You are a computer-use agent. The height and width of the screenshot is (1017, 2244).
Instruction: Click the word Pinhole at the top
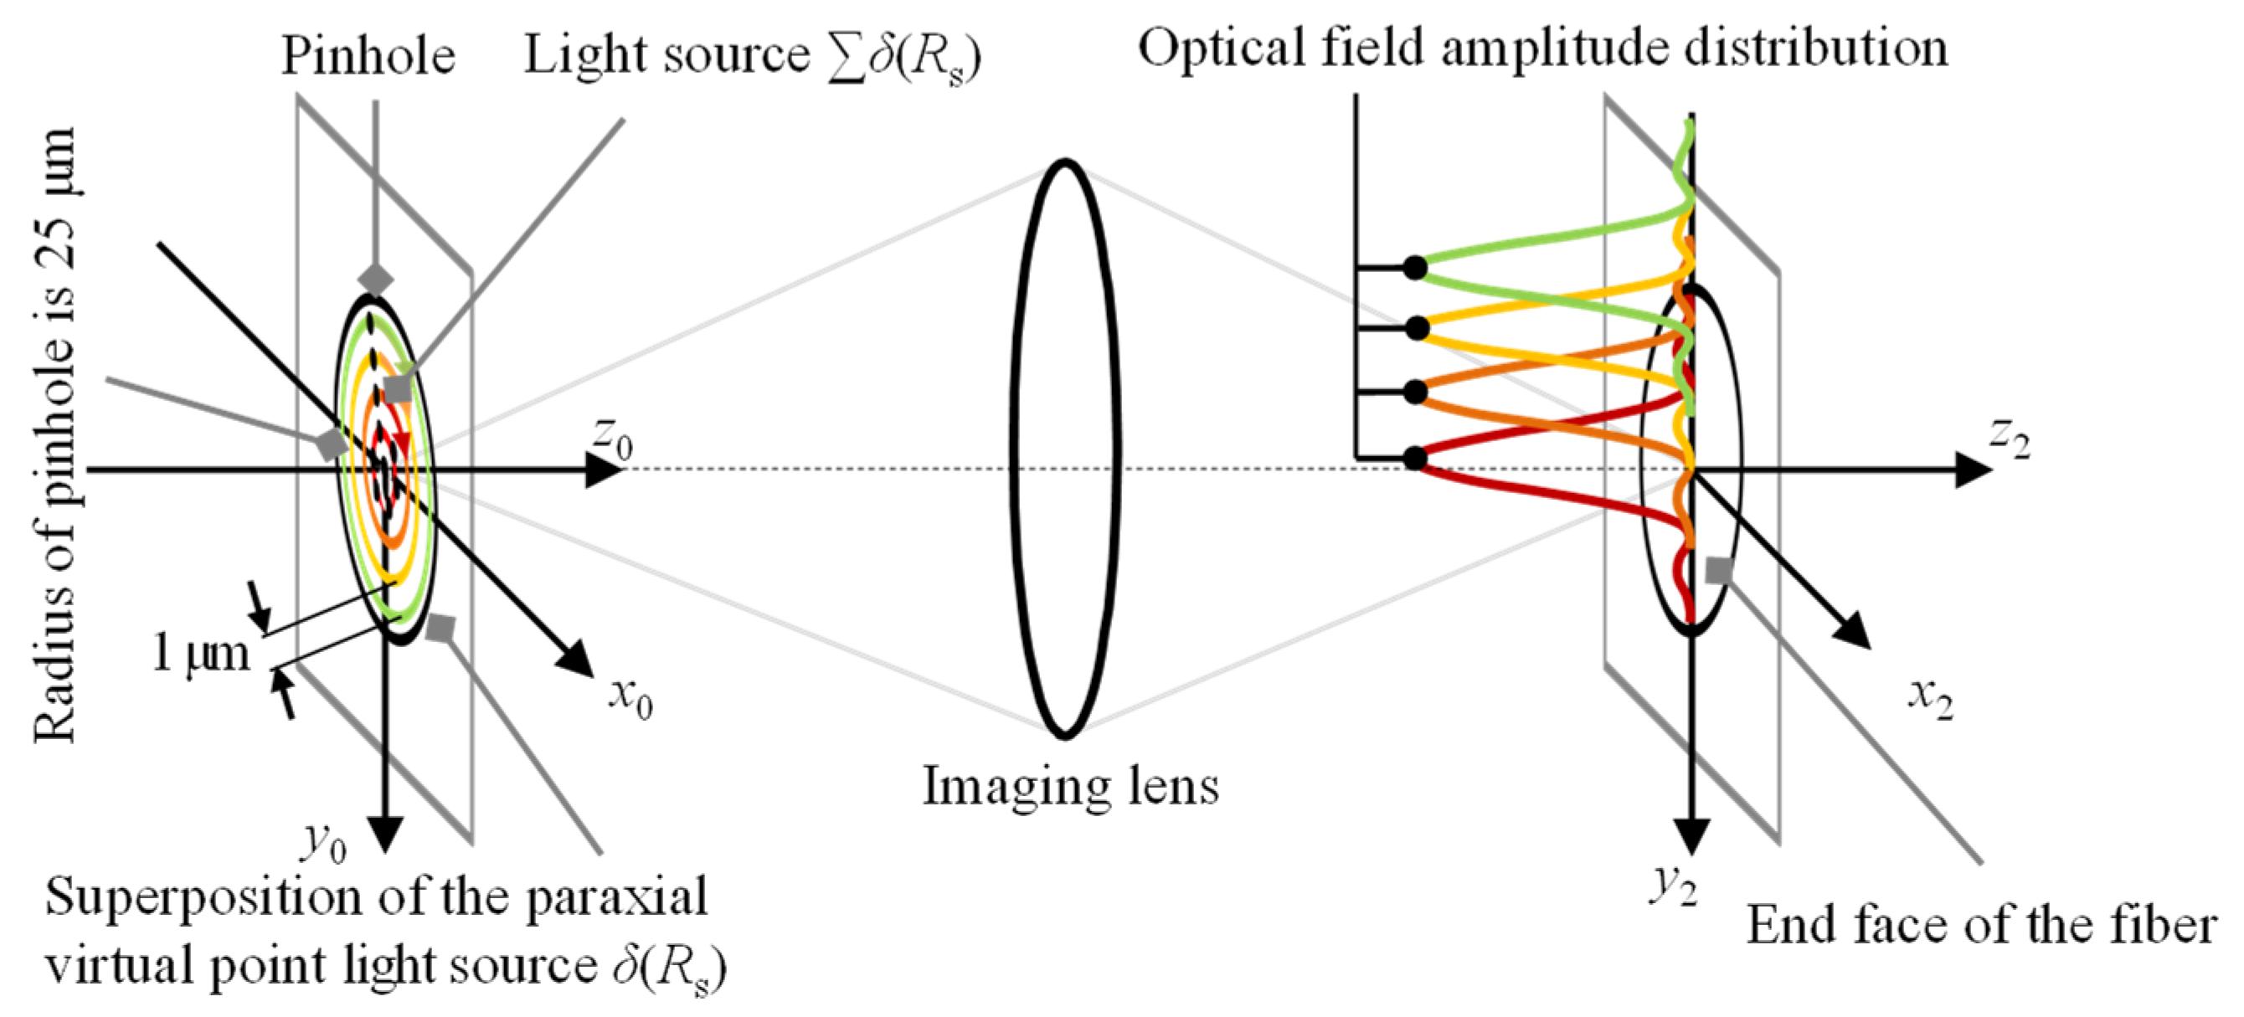pyautogui.click(x=368, y=57)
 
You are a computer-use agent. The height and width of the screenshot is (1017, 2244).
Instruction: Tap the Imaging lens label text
pyautogui.click(x=1071, y=786)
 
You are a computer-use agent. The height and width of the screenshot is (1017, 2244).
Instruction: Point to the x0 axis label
pyautogui.click(x=630, y=698)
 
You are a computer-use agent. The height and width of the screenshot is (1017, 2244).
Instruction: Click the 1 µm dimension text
pyautogui.click(x=200, y=653)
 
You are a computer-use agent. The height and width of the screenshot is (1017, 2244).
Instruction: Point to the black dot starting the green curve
pyautogui.click(x=1416, y=267)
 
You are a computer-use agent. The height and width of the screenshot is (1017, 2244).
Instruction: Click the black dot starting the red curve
pyautogui.click(x=1416, y=458)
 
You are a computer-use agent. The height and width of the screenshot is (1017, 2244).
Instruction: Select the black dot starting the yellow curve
pyautogui.click(x=1417, y=328)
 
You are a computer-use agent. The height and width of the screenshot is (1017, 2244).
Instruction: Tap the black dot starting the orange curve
pyautogui.click(x=1416, y=393)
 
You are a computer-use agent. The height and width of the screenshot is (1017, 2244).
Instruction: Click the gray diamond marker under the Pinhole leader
pyautogui.click(x=376, y=280)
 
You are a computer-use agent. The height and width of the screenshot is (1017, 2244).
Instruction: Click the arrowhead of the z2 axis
pyautogui.click(x=1973, y=470)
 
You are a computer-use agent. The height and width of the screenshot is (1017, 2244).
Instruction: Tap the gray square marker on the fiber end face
pyautogui.click(x=1718, y=570)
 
